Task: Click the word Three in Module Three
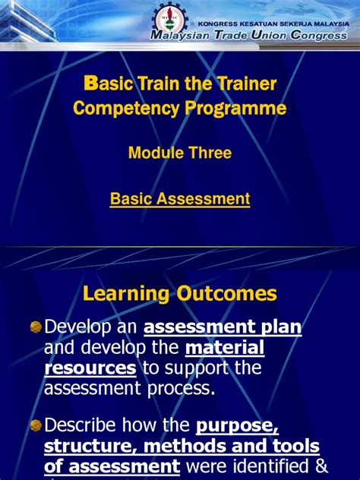[x=206, y=153]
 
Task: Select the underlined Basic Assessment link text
[x=180, y=199]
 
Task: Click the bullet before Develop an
[x=35, y=327]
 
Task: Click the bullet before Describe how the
[x=35, y=425]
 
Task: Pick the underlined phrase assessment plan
[x=223, y=327]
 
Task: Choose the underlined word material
[x=225, y=348]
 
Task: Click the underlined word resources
[x=90, y=368]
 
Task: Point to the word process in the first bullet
[x=175, y=389]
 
